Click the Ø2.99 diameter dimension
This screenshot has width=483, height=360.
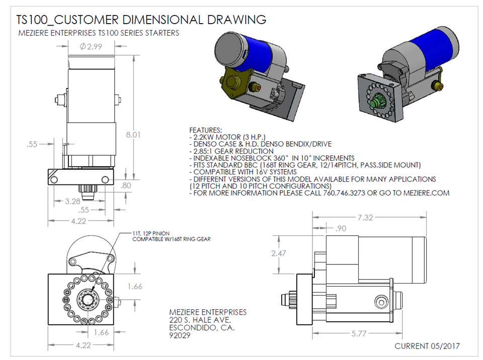pos(91,47)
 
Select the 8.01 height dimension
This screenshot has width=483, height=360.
pos(133,135)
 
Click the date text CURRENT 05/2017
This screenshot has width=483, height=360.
pos(427,346)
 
